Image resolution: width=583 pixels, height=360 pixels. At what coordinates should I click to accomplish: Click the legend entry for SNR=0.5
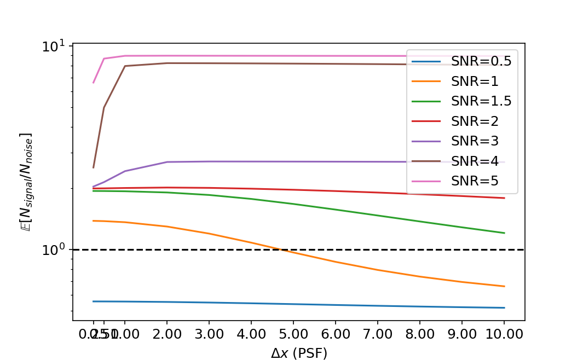481,61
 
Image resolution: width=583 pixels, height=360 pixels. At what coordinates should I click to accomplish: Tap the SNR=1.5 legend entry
481,101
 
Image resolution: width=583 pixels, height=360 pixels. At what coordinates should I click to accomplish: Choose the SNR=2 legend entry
475,121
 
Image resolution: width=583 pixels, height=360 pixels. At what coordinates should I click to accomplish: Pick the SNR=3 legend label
475,141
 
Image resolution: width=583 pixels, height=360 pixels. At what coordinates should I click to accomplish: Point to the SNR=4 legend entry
475,161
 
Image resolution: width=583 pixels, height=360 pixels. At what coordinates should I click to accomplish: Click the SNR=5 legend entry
475,181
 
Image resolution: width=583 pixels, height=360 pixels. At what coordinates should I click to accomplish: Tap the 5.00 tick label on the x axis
293,333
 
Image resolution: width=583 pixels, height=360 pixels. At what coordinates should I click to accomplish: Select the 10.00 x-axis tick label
504,333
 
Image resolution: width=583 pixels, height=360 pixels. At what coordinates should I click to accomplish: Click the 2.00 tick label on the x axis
166,333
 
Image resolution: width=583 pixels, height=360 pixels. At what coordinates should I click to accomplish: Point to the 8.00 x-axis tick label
419,333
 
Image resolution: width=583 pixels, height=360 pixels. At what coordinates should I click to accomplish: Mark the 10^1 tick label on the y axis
53,46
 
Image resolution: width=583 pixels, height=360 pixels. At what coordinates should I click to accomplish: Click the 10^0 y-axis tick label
53,250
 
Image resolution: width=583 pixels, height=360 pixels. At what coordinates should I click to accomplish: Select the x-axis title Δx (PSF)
299,353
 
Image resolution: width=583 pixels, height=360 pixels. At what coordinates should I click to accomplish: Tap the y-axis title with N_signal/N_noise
25,182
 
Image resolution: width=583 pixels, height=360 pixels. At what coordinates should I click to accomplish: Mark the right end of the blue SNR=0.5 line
504,307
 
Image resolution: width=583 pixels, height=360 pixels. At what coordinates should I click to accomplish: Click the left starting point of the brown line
94,167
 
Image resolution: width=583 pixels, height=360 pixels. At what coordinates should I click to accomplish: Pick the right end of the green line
504,233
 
